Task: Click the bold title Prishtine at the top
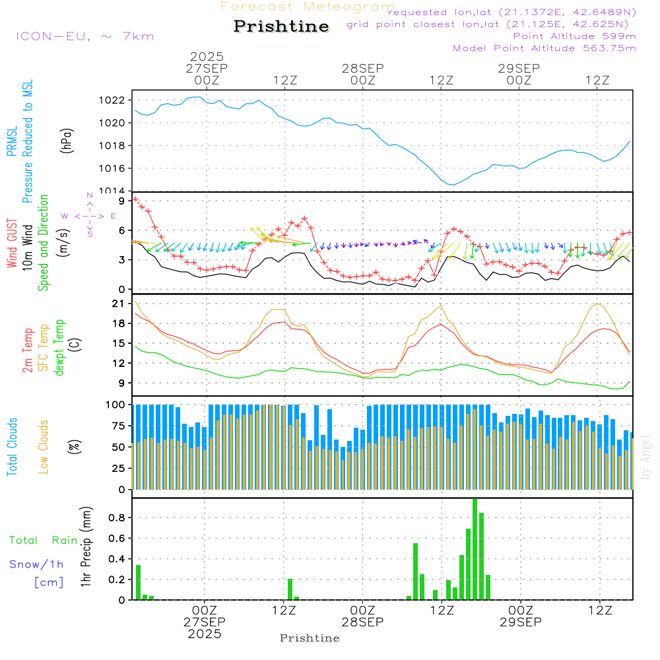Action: tap(281, 26)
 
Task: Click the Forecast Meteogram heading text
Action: tap(308, 7)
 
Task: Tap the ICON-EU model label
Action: tap(84, 36)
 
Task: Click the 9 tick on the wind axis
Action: tap(121, 200)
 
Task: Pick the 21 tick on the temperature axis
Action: tap(119, 304)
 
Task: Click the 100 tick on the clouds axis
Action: tap(116, 404)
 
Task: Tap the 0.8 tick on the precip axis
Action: tap(116, 518)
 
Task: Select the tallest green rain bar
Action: tap(475, 549)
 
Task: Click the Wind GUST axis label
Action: tap(12, 244)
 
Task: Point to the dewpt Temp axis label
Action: tap(59, 348)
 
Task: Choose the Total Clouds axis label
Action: tap(12, 447)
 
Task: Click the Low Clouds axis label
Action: tap(44, 447)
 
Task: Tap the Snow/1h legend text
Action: tap(37, 564)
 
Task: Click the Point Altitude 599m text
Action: tap(574, 36)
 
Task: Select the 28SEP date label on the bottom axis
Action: tap(362, 622)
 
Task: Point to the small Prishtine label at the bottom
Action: tap(310, 638)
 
